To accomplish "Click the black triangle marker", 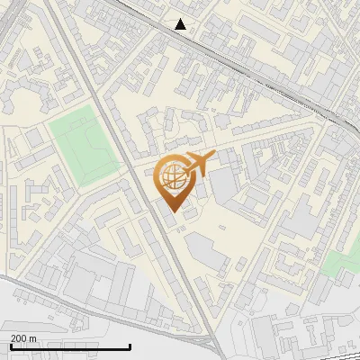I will pos(181,24).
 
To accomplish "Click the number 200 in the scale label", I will pos(19,337).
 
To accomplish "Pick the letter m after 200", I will pos(33,337).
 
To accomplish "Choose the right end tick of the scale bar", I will pos(130,345).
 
